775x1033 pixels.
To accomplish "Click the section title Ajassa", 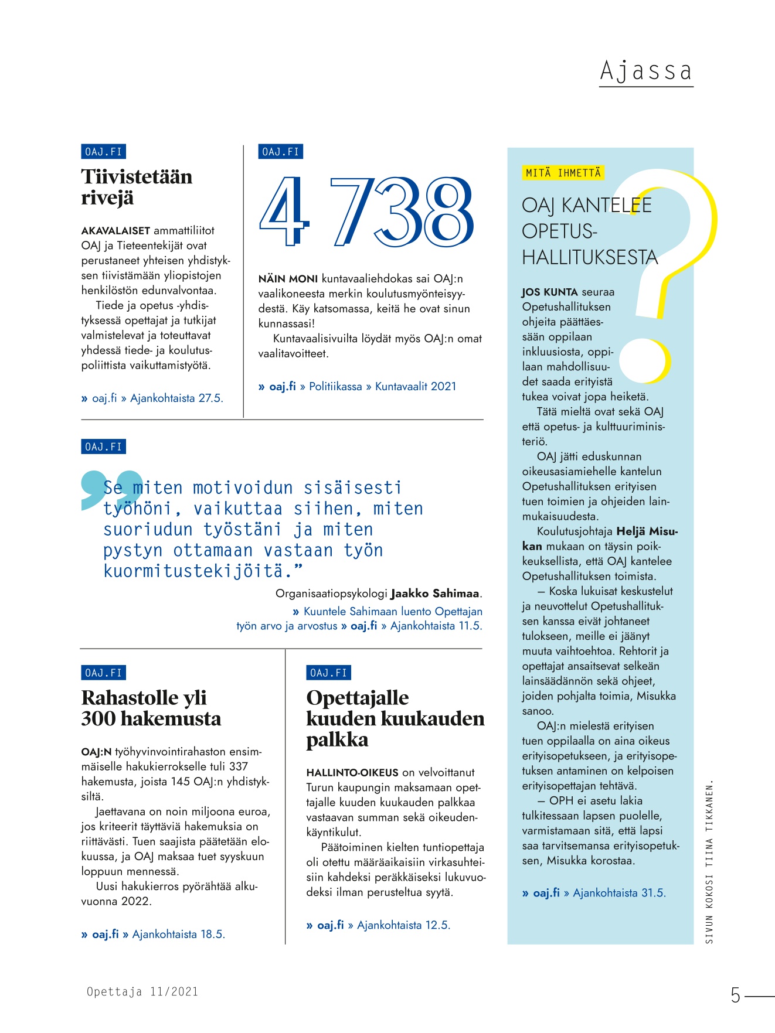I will tap(645, 71).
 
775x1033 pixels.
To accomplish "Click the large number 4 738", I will tap(366, 212).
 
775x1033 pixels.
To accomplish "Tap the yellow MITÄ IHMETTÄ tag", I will tap(563, 173).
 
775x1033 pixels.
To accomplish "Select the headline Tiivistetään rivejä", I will tap(137, 187).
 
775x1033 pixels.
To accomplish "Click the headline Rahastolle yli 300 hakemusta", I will tap(151, 708).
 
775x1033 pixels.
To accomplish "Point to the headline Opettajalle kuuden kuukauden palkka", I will tap(395, 718).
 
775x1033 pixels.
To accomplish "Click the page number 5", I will tap(735, 995).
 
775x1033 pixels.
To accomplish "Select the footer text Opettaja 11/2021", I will tap(142, 991).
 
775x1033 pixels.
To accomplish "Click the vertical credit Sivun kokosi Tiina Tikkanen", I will tap(709, 861).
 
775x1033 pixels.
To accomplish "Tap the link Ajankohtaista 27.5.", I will tap(176, 398).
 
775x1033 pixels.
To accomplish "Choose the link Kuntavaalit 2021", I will tap(415, 387).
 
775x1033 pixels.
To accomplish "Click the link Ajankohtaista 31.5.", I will tap(619, 893).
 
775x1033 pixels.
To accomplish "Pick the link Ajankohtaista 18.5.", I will tap(178, 934).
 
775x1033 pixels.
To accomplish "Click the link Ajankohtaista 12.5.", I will tap(403, 925).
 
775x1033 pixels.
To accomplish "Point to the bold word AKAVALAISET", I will tap(115, 231).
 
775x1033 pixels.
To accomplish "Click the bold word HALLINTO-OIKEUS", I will tap(352, 773).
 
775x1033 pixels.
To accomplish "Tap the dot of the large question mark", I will tap(645, 360).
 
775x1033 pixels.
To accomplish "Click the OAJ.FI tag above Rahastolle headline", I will tap(103, 673).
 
